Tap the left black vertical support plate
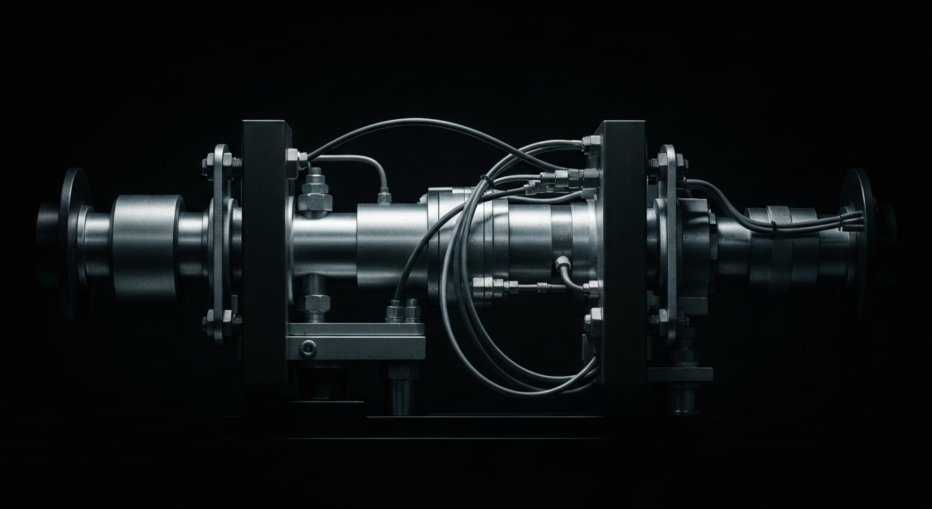click(263, 252)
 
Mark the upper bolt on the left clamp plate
click(217, 163)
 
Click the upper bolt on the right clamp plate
click(664, 163)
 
